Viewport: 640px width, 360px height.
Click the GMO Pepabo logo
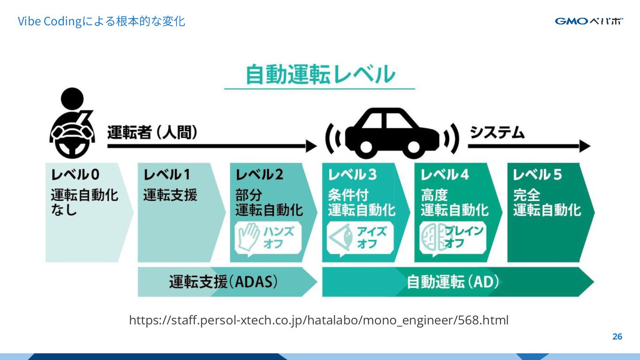tap(588, 21)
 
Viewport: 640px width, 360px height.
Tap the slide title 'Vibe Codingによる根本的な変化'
tap(101, 21)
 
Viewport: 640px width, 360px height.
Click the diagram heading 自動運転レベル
tap(320, 75)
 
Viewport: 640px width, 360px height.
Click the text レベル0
tap(76, 175)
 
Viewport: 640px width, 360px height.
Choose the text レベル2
tap(259, 175)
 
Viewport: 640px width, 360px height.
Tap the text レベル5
tap(537, 175)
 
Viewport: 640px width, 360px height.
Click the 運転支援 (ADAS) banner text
tap(224, 282)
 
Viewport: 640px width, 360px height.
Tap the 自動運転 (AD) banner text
tap(453, 282)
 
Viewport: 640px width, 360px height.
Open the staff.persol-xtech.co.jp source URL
tap(319, 320)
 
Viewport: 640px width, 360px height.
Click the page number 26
tap(617, 336)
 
